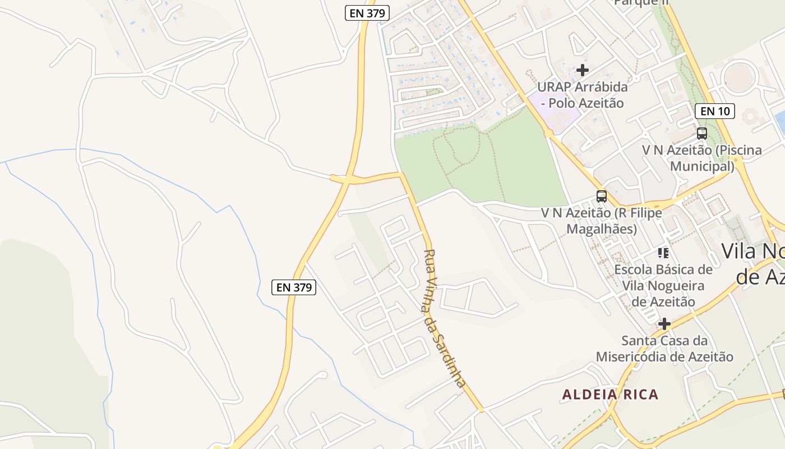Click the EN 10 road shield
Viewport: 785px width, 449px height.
click(x=715, y=111)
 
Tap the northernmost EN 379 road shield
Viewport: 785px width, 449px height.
click(x=367, y=13)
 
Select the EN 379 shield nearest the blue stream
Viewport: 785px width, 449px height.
click(x=294, y=287)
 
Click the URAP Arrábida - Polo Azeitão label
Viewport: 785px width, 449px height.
click(x=583, y=95)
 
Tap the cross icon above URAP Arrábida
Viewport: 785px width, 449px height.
click(x=583, y=70)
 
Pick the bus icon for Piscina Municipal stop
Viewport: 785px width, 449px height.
click(x=701, y=134)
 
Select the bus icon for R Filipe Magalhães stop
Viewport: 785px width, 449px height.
click(x=602, y=196)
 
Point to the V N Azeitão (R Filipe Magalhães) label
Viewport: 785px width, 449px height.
click(x=602, y=221)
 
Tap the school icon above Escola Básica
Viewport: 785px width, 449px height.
click(x=664, y=253)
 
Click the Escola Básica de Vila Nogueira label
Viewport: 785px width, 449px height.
click(x=664, y=286)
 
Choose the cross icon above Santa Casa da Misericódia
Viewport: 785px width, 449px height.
click(x=664, y=324)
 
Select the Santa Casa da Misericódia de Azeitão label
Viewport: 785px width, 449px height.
click(x=664, y=349)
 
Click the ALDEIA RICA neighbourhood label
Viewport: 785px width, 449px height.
click(x=610, y=395)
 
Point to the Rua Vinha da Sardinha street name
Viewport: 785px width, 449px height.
click(x=445, y=318)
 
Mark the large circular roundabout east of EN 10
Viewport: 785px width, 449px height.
click(x=740, y=78)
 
